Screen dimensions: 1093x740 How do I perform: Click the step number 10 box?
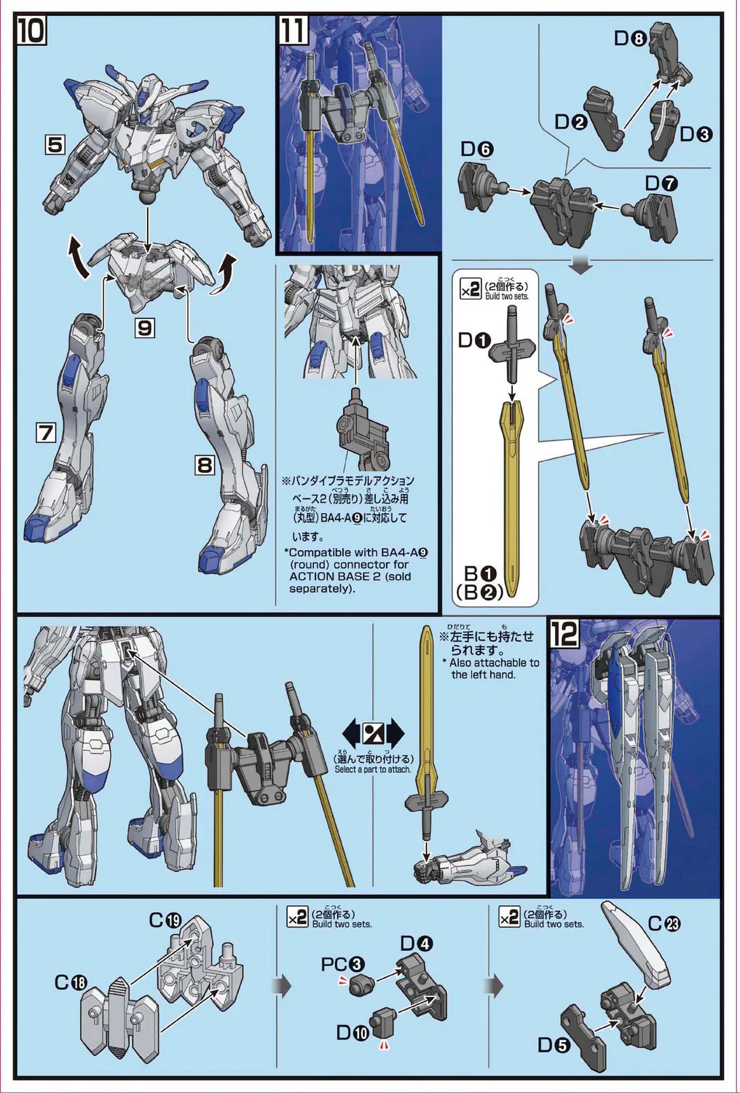coord(32,31)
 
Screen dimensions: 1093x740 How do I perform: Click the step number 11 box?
coord(293,31)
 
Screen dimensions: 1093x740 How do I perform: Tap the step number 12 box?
coord(564,633)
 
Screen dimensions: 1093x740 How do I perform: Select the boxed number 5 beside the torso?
coord(55,144)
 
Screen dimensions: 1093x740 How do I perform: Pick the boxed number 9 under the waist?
coord(145,328)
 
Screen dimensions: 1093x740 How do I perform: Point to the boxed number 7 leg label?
coord(46,433)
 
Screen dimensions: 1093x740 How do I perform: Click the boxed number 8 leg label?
coord(205,464)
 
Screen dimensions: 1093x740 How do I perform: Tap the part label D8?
coord(630,38)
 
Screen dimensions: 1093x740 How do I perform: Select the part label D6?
coord(477,149)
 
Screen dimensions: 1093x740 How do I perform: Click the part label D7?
coord(661,183)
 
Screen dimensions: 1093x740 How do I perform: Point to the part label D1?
coord(475,340)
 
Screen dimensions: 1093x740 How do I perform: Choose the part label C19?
coord(165,920)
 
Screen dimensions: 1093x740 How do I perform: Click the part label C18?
coord(71,982)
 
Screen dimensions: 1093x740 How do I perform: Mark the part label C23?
coord(664,923)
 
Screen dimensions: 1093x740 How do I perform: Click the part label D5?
coord(554,1045)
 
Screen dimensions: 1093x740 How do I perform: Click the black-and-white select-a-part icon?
coord(373,732)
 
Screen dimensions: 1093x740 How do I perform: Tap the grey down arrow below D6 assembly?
coord(581,266)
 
